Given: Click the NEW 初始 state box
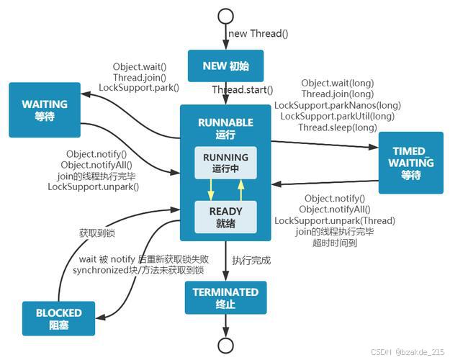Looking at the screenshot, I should click(x=225, y=66).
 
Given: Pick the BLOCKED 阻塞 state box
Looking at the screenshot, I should click(x=59, y=319).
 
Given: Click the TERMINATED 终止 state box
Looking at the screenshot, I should click(x=225, y=297).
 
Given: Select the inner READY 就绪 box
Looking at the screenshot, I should click(x=225, y=217).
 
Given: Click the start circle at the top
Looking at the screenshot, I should click(x=225, y=17).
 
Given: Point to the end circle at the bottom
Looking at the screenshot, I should click(x=225, y=345).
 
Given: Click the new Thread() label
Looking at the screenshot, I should click(x=258, y=33).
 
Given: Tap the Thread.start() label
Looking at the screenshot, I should click(x=243, y=90).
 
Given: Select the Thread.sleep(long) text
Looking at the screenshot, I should click(x=338, y=127).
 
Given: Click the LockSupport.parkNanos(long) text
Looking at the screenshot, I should click(x=338, y=105).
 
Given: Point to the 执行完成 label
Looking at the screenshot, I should click(x=251, y=261).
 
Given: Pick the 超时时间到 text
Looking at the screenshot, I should click(x=335, y=243).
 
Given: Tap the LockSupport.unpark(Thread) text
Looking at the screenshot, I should click(x=335, y=220).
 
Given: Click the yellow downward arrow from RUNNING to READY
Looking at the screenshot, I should click(x=211, y=189).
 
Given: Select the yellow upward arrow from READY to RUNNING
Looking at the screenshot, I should click(x=240, y=189).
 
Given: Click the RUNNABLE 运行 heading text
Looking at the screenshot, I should click(x=225, y=128).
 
